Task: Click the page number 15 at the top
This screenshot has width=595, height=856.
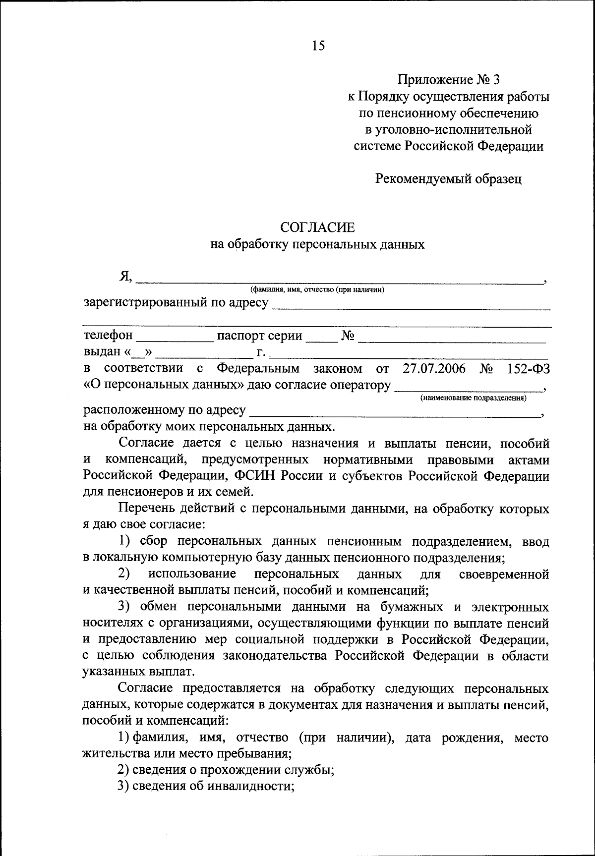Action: click(318, 46)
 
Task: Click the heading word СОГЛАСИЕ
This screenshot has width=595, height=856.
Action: click(318, 228)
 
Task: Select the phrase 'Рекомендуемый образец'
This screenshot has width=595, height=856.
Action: click(448, 179)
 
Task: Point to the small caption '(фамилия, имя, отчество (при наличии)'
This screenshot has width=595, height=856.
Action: click(317, 290)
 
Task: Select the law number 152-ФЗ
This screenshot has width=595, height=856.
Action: click(529, 369)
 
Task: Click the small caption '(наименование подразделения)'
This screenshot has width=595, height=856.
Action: click(474, 398)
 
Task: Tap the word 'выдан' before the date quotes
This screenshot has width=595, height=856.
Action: click(102, 352)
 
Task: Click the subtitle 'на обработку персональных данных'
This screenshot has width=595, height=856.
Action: click(318, 244)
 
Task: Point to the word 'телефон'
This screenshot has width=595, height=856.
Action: click(108, 336)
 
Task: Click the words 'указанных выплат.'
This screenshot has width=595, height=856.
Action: click(138, 672)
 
